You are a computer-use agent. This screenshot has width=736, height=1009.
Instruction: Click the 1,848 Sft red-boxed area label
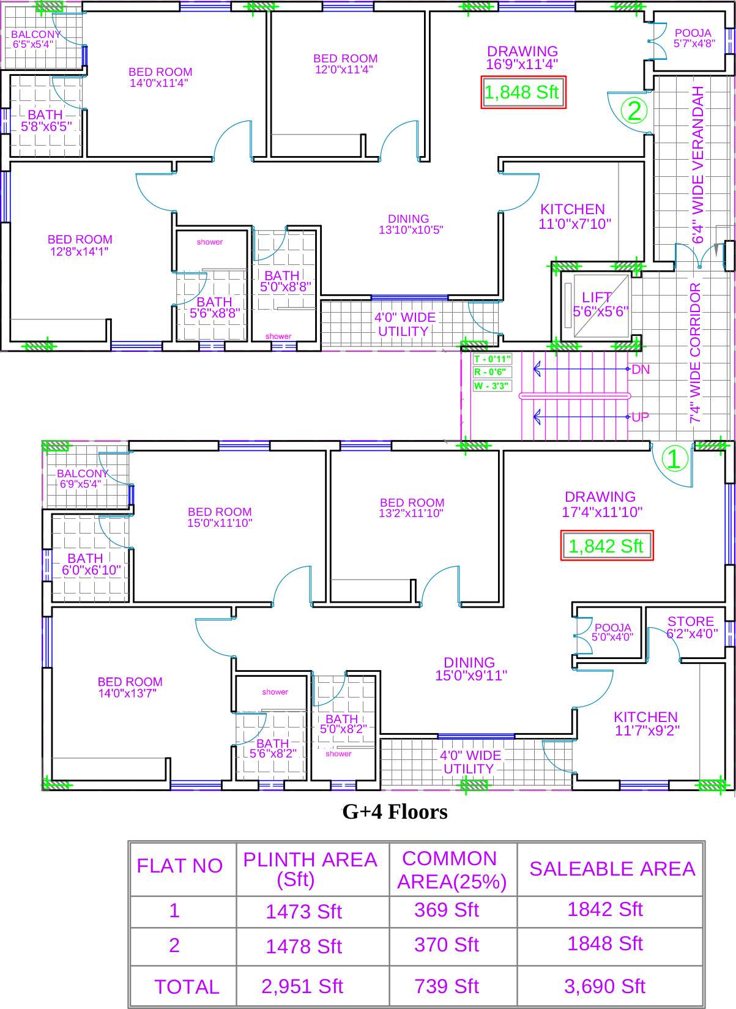[x=523, y=92]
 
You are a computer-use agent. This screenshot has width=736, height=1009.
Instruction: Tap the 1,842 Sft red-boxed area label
[x=607, y=545]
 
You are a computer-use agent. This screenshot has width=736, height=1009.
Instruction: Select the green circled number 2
[x=634, y=111]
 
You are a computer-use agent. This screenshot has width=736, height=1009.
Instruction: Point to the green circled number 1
[x=675, y=459]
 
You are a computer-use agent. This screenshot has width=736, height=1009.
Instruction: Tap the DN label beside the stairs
[x=641, y=370]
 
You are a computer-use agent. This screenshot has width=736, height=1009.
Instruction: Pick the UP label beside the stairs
[x=640, y=417]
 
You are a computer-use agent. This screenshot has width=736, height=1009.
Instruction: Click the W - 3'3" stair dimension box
[x=492, y=385]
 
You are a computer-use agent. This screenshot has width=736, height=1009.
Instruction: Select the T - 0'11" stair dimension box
[x=492, y=359]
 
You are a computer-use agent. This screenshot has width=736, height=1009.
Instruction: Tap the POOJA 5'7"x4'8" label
[x=694, y=39]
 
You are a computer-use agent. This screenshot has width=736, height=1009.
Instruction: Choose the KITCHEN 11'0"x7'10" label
[x=574, y=216]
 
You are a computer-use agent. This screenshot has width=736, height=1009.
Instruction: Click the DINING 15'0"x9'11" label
[x=470, y=668]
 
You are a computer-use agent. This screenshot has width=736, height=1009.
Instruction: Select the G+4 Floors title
[x=395, y=812]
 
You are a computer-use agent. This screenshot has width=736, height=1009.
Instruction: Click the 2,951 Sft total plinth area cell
[x=302, y=986]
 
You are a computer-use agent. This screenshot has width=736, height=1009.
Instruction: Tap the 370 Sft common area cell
[x=447, y=945]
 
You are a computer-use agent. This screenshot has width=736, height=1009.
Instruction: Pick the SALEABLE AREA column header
[x=612, y=868]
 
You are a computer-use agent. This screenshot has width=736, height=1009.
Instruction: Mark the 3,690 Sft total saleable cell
[x=605, y=986]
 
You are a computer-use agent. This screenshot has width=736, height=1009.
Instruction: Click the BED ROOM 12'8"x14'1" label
[x=80, y=245]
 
